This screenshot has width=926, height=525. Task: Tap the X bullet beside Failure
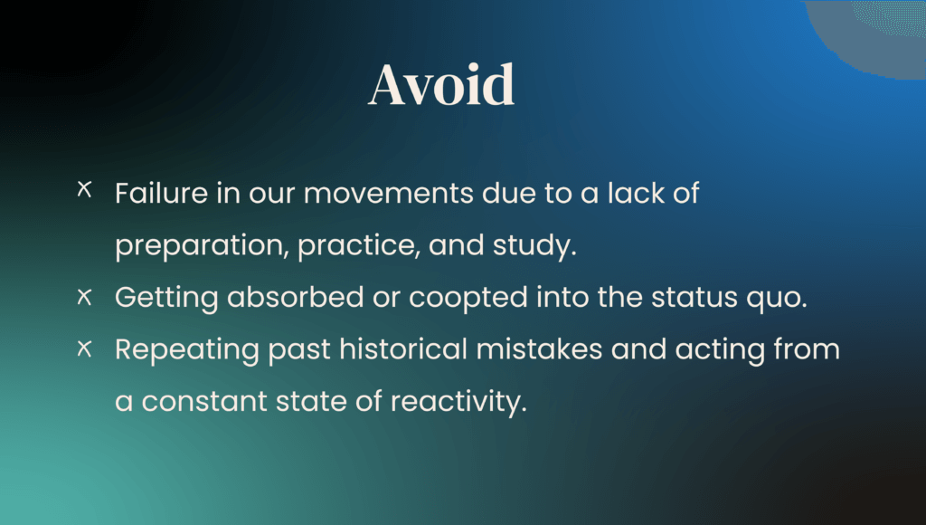pos(84,189)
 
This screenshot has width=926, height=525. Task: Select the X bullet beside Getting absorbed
pos(84,297)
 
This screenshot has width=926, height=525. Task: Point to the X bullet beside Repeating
pos(84,348)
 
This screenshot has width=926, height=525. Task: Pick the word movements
pos(389,194)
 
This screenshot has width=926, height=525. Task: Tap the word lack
pos(637,193)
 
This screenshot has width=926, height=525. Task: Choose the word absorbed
pos(296,297)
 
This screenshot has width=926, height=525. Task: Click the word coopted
pos(468,298)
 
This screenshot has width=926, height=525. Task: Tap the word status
pos(694,298)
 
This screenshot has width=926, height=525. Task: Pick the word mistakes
pos(539,348)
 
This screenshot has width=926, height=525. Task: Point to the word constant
pos(204,402)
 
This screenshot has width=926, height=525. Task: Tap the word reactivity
pos(458,402)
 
